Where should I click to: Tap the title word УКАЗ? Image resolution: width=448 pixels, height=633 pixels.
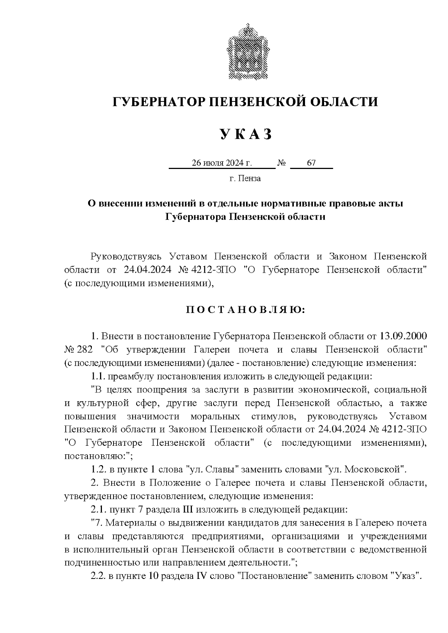246,134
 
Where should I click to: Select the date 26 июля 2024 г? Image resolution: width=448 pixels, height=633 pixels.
222,163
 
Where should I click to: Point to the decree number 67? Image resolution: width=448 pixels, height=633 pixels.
311,163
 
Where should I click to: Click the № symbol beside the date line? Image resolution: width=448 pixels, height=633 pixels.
282,163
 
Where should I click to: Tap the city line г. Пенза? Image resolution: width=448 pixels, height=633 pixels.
245,178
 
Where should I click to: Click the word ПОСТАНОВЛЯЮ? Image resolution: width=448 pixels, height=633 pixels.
246,310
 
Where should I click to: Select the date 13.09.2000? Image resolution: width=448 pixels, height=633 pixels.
403,336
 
